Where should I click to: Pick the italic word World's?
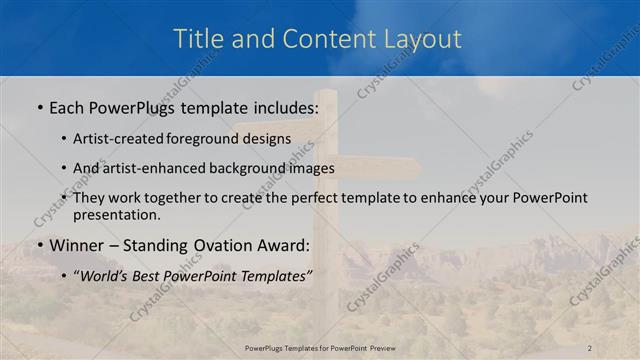pyautogui.click(x=105, y=276)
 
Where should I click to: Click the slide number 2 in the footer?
pyautogui.click(x=589, y=347)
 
